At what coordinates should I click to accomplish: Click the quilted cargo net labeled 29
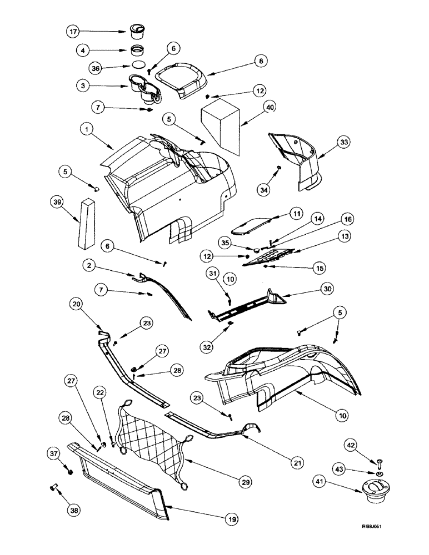pyautogui.click(x=156, y=443)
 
